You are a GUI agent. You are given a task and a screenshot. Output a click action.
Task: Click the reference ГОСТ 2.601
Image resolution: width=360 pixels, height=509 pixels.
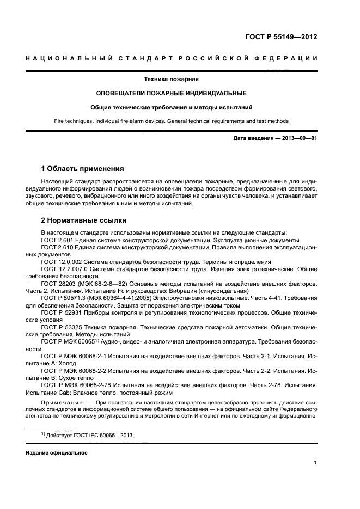click(56, 240)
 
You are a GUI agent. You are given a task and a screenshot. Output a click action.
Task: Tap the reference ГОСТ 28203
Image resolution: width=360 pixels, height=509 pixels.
click(57, 284)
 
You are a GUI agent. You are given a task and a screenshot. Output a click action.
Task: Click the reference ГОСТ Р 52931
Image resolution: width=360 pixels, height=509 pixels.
click(60, 313)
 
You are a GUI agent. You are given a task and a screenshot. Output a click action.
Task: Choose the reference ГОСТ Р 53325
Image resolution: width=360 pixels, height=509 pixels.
click(60, 328)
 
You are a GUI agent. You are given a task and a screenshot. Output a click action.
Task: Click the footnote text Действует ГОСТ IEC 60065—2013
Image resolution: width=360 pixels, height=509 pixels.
click(90, 436)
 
